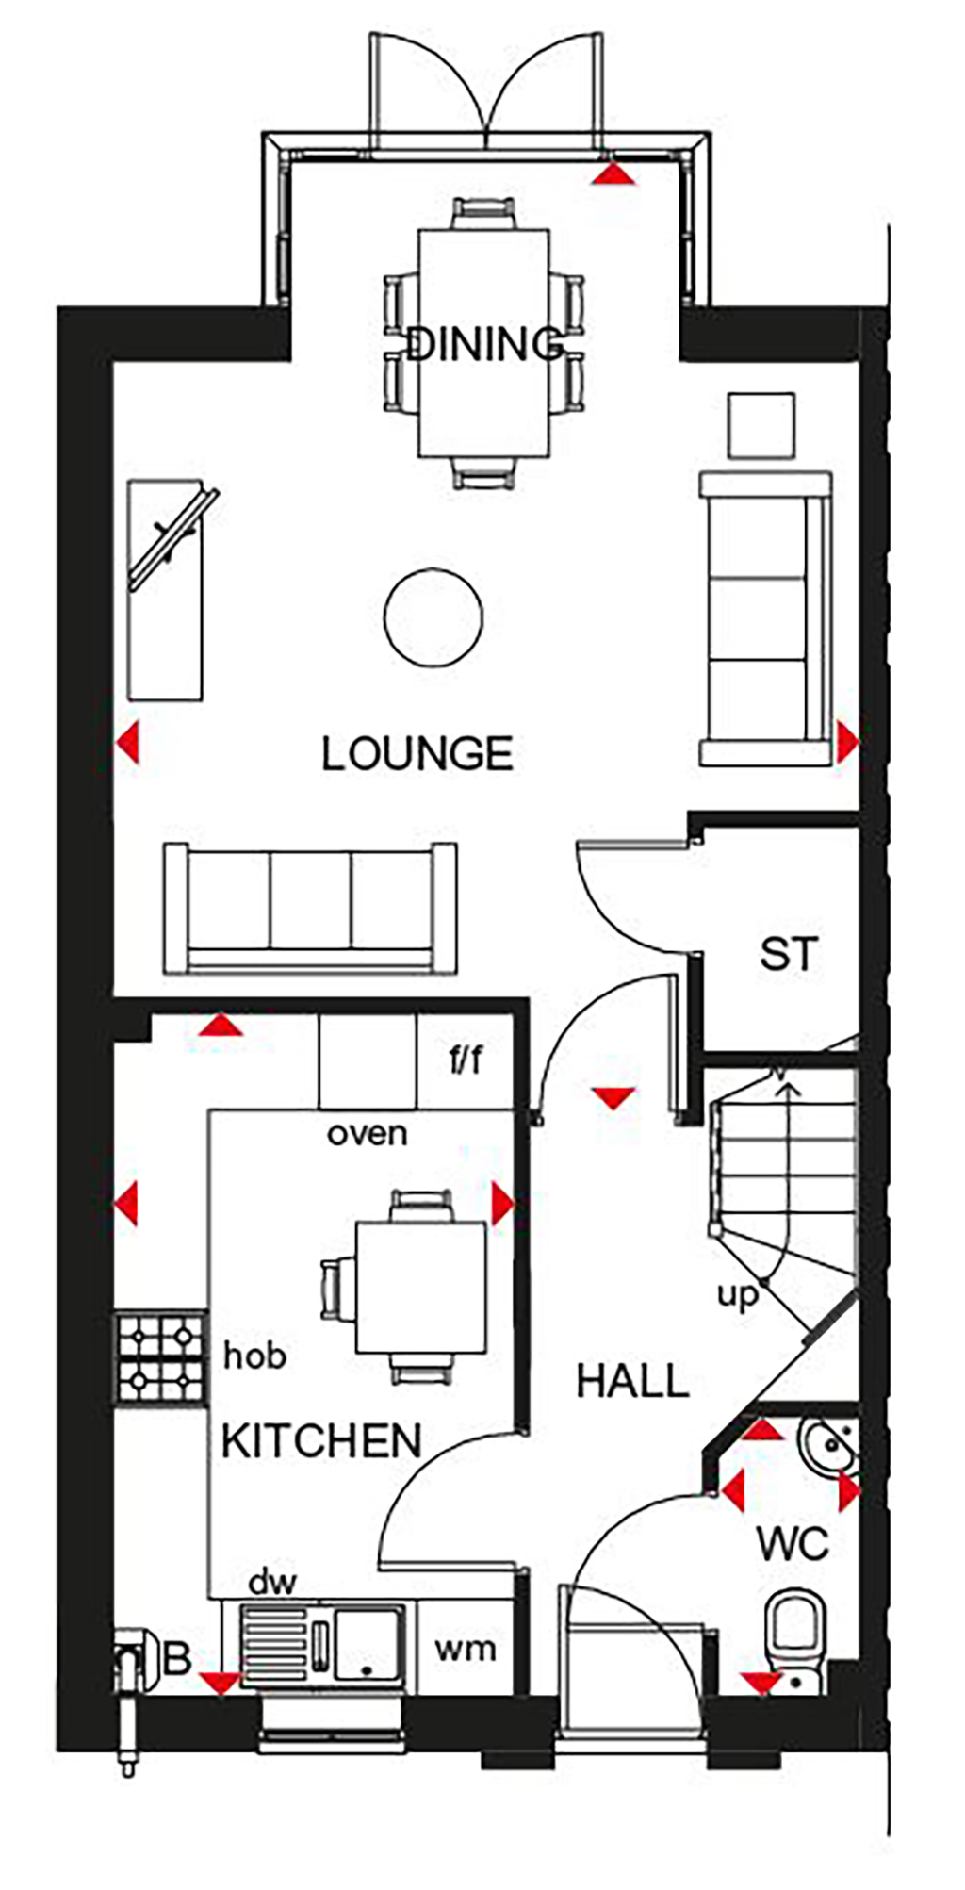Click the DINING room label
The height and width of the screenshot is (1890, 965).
click(484, 344)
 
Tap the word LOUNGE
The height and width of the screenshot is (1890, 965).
click(417, 754)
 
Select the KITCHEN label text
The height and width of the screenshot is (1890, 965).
click(321, 1441)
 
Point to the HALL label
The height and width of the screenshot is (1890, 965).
click(633, 1382)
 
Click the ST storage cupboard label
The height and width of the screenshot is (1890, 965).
click(789, 955)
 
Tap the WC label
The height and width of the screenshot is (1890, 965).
click(793, 1544)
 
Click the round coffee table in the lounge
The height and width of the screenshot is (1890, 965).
click(433, 617)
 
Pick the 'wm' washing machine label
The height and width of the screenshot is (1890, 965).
click(465, 1649)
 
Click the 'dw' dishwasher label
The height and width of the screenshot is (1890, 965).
click(272, 1582)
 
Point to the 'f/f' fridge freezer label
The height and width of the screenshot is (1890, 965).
click(466, 1060)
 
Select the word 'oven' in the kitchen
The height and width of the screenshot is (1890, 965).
click(368, 1133)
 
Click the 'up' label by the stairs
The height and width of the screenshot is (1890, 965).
click(737, 1296)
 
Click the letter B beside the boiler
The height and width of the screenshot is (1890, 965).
click(177, 1659)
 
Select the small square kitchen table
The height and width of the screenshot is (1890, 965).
click(421, 1288)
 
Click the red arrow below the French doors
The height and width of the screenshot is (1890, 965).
click(614, 174)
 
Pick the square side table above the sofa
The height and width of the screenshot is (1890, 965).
click(761, 426)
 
